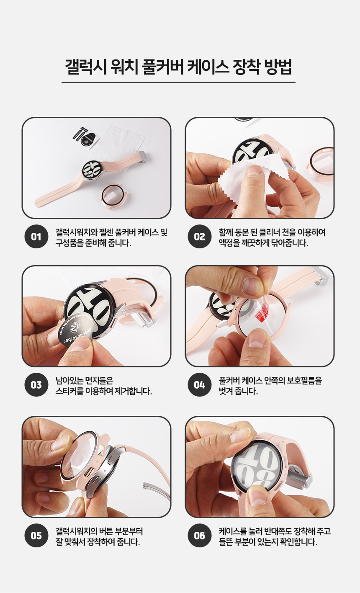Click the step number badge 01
(x=36, y=237)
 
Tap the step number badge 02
(x=199, y=237)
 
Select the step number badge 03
(x=36, y=385)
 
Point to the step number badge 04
(x=199, y=385)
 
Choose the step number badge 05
(x=36, y=536)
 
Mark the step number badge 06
(x=199, y=536)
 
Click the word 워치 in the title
(x=124, y=67)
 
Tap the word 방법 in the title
(x=278, y=67)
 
